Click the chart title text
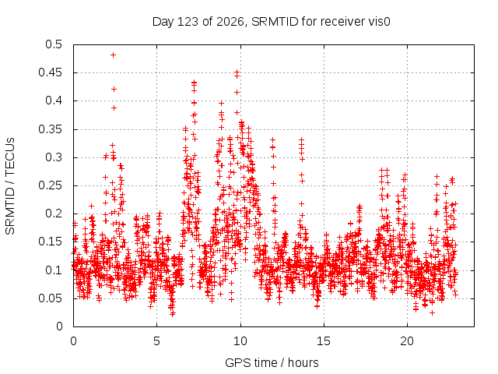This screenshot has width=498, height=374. [x=272, y=22]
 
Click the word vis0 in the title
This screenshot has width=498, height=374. [x=379, y=22]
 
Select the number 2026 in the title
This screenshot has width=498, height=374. [x=230, y=22]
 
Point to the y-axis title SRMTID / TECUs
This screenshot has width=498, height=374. [x=10, y=186]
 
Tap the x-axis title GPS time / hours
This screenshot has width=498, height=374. [x=272, y=362]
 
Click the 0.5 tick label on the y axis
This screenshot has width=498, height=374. [x=54, y=44]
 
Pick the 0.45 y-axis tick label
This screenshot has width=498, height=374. [x=50, y=72]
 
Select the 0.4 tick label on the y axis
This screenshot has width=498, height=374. [x=54, y=101]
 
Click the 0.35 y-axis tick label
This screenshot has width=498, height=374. [x=50, y=129]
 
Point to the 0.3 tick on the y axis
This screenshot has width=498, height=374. [x=54, y=157]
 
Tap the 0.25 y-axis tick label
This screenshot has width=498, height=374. [x=50, y=185]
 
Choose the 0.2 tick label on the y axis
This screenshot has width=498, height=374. [x=54, y=213]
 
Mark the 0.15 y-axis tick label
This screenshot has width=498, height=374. [x=50, y=242]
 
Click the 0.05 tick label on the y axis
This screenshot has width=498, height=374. [x=50, y=298]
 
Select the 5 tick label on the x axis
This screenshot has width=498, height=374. [x=157, y=341]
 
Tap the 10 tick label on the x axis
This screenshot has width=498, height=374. [x=240, y=341]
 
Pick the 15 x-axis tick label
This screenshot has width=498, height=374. [x=324, y=341]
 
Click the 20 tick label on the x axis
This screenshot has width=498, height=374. [x=407, y=341]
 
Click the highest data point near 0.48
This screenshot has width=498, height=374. [x=113, y=55]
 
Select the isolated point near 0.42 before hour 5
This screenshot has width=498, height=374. [x=114, y=89]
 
